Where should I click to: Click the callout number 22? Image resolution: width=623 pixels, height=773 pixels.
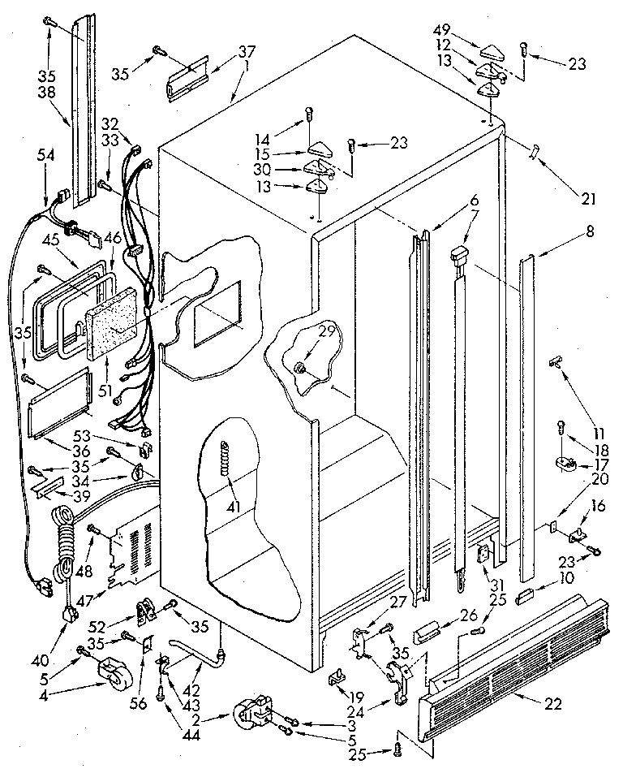coord(552,703)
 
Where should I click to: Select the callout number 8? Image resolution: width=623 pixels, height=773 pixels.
coord(589,231)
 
